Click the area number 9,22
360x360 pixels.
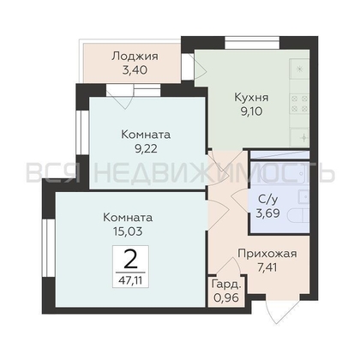pyautogui.click(x=146, y=150)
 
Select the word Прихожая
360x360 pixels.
pyautogui.click(x=267, y=253)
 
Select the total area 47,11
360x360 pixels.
pyautogui.click(x=130, y=278)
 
